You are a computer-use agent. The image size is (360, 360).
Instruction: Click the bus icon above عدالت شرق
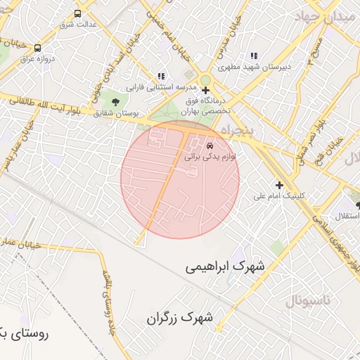(x=77, y=13)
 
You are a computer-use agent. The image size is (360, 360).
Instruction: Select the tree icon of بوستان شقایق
(x=115, y=102)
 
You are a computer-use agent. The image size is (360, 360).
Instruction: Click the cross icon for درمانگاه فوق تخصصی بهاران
(x=205, y=90)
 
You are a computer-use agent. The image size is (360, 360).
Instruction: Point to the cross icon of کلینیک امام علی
(x=280, y=186)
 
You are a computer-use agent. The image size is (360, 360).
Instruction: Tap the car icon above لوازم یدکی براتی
(x=210, y=146)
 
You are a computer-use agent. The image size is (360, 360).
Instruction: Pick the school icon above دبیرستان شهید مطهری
(x=253, y=56)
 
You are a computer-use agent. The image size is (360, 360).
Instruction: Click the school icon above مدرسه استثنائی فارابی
(x=161, y=76)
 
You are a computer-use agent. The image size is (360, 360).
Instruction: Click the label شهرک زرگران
(x=179, y=319)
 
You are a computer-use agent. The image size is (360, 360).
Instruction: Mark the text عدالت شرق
(x=76, y=25)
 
